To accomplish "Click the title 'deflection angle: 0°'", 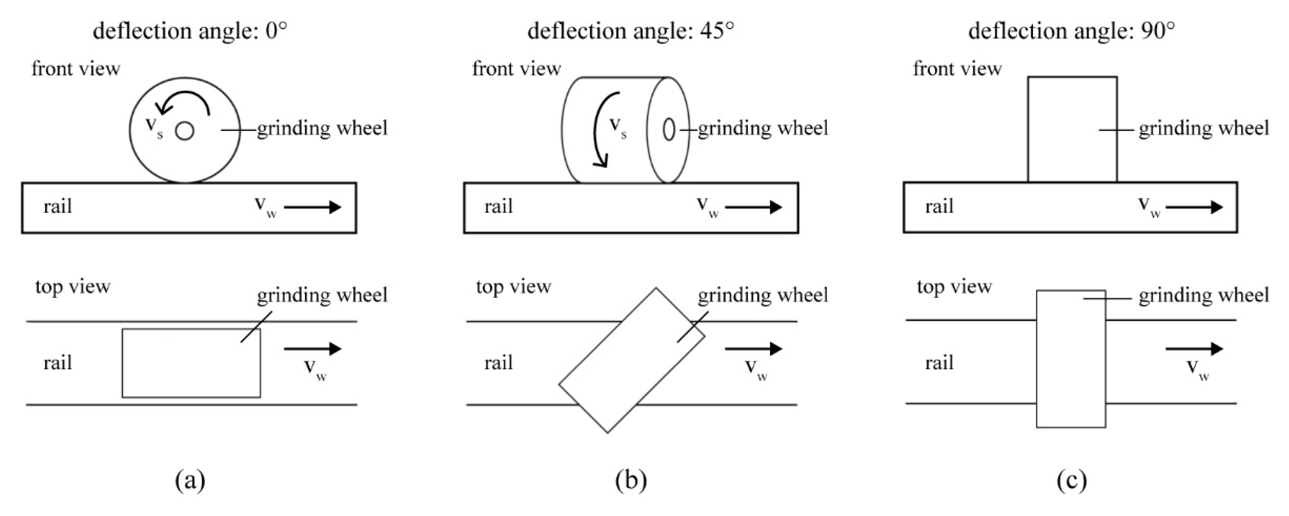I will point(190,31).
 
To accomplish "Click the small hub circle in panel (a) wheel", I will point(185,131).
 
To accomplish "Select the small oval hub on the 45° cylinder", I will point(669,130).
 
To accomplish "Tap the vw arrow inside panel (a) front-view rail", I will point(312,207).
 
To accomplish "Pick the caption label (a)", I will point(190,481).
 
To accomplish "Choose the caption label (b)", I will point(631,481).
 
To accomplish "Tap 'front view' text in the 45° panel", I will point(516,69).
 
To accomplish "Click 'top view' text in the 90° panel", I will point(954,286).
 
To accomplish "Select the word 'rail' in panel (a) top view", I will point(57,363).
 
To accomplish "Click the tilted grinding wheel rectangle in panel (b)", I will point(632,360).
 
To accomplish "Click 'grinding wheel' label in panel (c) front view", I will point(1203,128).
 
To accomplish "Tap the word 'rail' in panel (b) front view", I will point(499,207).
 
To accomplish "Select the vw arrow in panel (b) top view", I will point(753,348).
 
